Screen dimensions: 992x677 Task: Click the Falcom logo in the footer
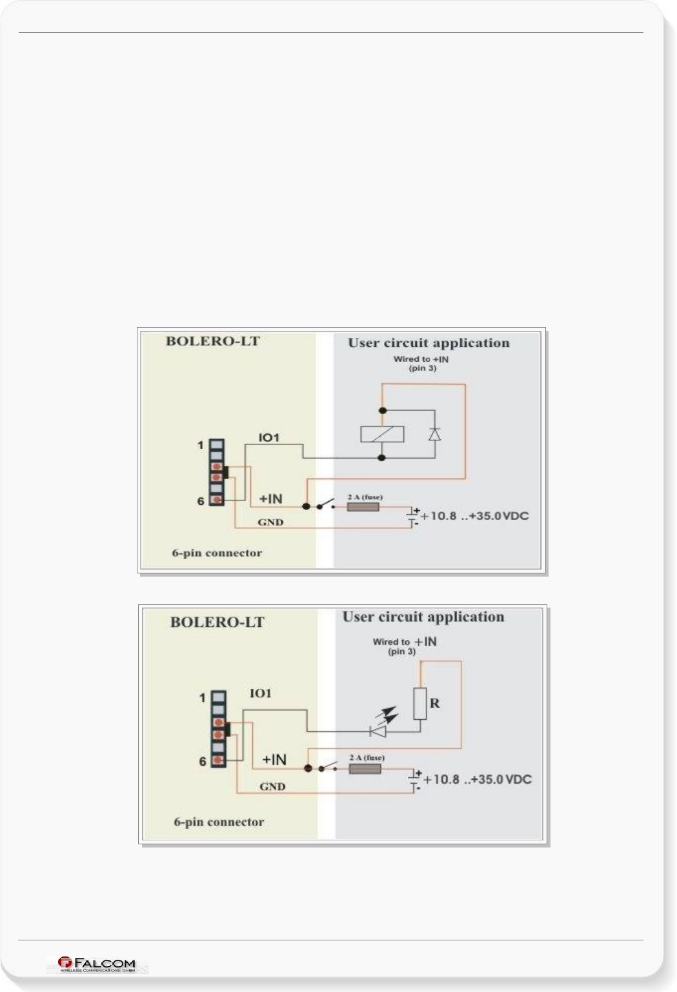97,964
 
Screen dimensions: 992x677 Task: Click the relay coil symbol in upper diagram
382,434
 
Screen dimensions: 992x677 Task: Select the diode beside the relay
435,434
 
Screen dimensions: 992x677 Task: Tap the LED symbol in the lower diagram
378,731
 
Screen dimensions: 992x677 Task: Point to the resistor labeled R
420,703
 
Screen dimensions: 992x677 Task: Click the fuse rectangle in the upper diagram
363,507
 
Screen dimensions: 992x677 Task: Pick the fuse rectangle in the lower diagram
365,769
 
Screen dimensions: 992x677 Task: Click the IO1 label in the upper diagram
269,438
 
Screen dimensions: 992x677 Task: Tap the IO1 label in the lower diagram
261,693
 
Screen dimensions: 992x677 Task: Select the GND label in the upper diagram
270,522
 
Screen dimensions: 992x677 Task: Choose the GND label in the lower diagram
272,786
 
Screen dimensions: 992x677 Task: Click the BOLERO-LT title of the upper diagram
213,341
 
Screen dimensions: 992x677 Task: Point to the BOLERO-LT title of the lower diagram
217,622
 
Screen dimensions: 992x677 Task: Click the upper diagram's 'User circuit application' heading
429,343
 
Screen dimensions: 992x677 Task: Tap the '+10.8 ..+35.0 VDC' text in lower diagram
477,779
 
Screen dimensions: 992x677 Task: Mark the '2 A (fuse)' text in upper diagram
365,497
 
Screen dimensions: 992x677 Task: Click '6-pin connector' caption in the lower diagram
219,822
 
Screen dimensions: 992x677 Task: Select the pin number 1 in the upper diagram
201,445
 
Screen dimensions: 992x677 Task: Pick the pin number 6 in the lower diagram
203,762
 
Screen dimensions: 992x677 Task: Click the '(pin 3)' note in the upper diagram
423,368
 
